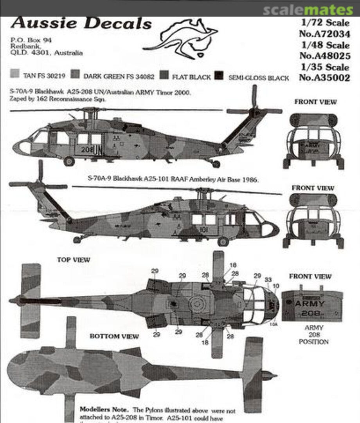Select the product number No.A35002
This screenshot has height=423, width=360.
pos(324,77)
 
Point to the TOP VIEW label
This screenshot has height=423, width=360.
pos(73,260)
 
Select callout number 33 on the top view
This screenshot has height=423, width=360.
pos(268,280)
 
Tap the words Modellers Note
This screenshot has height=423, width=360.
pos(100,409)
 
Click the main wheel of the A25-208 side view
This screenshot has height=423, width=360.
pos(69,161)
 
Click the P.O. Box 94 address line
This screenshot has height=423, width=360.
pos(31,40)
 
